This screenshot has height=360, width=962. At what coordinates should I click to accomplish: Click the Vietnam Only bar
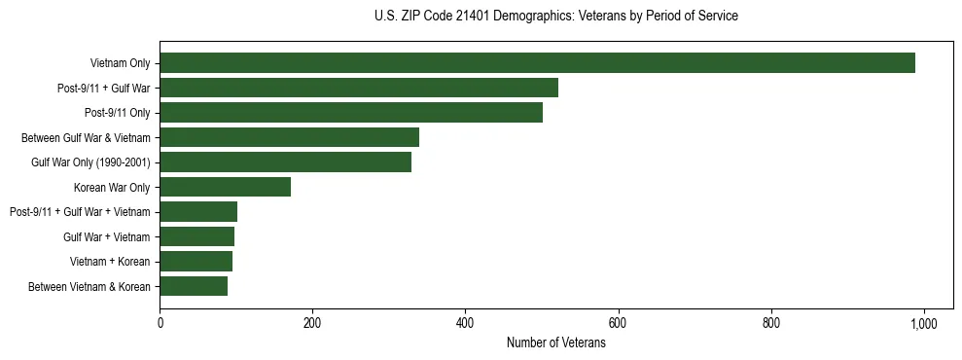537,63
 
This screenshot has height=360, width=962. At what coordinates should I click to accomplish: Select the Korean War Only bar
225,187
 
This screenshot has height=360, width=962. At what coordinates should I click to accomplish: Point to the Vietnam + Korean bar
196,261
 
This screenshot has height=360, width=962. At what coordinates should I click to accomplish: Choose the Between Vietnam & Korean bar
194,286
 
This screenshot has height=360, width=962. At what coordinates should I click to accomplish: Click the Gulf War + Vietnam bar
196,236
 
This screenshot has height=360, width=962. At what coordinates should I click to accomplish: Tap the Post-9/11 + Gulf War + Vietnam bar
198,212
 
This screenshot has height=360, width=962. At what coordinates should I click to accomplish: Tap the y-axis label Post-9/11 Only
118,113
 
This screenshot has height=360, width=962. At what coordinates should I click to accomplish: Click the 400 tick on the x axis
465,322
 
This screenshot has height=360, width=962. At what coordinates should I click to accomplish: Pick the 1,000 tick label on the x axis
923,322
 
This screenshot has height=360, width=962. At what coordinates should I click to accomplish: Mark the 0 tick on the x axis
160,322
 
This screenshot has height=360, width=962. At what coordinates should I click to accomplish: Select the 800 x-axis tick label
770,322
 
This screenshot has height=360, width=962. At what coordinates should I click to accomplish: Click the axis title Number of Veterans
555,342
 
